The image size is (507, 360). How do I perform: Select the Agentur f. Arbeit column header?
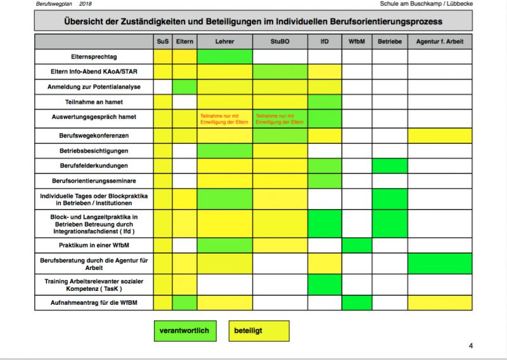pos(439,42)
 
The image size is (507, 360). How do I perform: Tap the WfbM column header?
pos(356,42)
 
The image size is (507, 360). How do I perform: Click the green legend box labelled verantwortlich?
pos(184,330)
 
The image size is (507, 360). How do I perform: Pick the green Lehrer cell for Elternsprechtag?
pos(224,56)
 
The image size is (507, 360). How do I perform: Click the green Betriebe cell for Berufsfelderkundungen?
pos(389,165)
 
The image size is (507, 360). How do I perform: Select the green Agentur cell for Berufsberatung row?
pos(439,263)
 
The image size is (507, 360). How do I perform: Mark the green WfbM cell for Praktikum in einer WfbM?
pos(356,245)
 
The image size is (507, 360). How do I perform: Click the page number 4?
pos(471,345)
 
